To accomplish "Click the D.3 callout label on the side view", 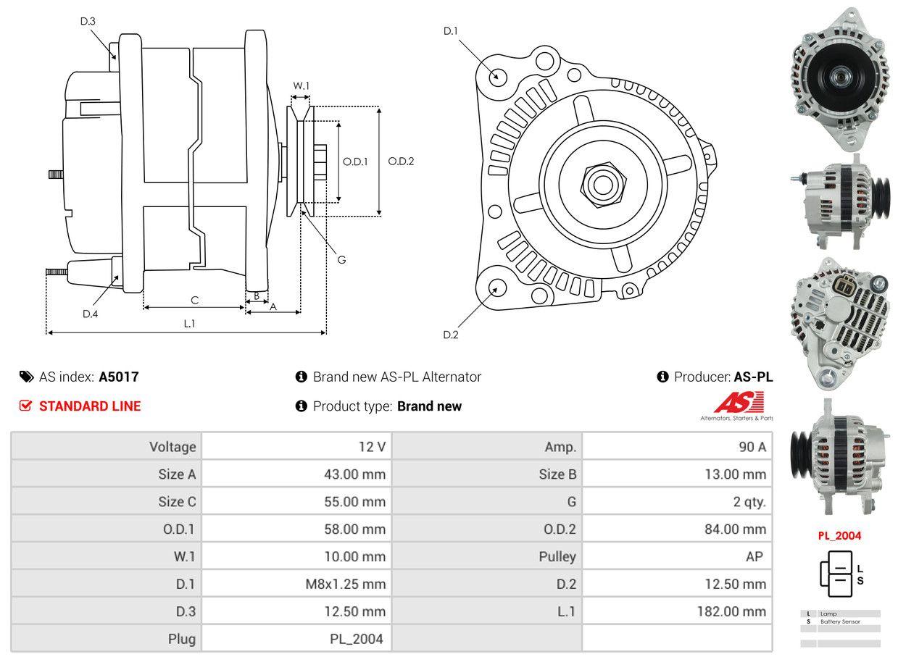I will pyautogui.click(x=88, y=22).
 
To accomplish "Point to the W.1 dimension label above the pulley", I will pyautogui.click(x=301, y=86).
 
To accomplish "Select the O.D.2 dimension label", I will pyautogui.click(x=401, y=162).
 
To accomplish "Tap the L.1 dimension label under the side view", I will pyautogui.click(x=189, y=324).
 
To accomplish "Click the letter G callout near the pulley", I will pyautogui.click(x=341, y=259).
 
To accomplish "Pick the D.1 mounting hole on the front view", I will pyautogui.click(x=497, y=76).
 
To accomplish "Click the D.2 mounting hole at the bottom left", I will pyautogui.click(x=496, y=288).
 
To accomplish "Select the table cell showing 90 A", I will pyautogui.click(x=752, y=447).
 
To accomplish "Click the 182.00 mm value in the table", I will pyautogui.click(x=731, y=611).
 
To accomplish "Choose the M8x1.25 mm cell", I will pyautogui.click(x=345, y=584).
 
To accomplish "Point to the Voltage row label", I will pyautogui.click(x=172, y=447).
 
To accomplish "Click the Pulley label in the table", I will pyautogui.click(x=557, y=556).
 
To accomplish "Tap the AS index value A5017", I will pyautogui.click(x=119, y=377).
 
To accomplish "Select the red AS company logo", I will pyautogui.click(x=739, y=402).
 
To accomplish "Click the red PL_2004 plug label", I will pyautogui.click(x=839, y=536).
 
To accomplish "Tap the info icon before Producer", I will pyautogui.click(x=662, y=377).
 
